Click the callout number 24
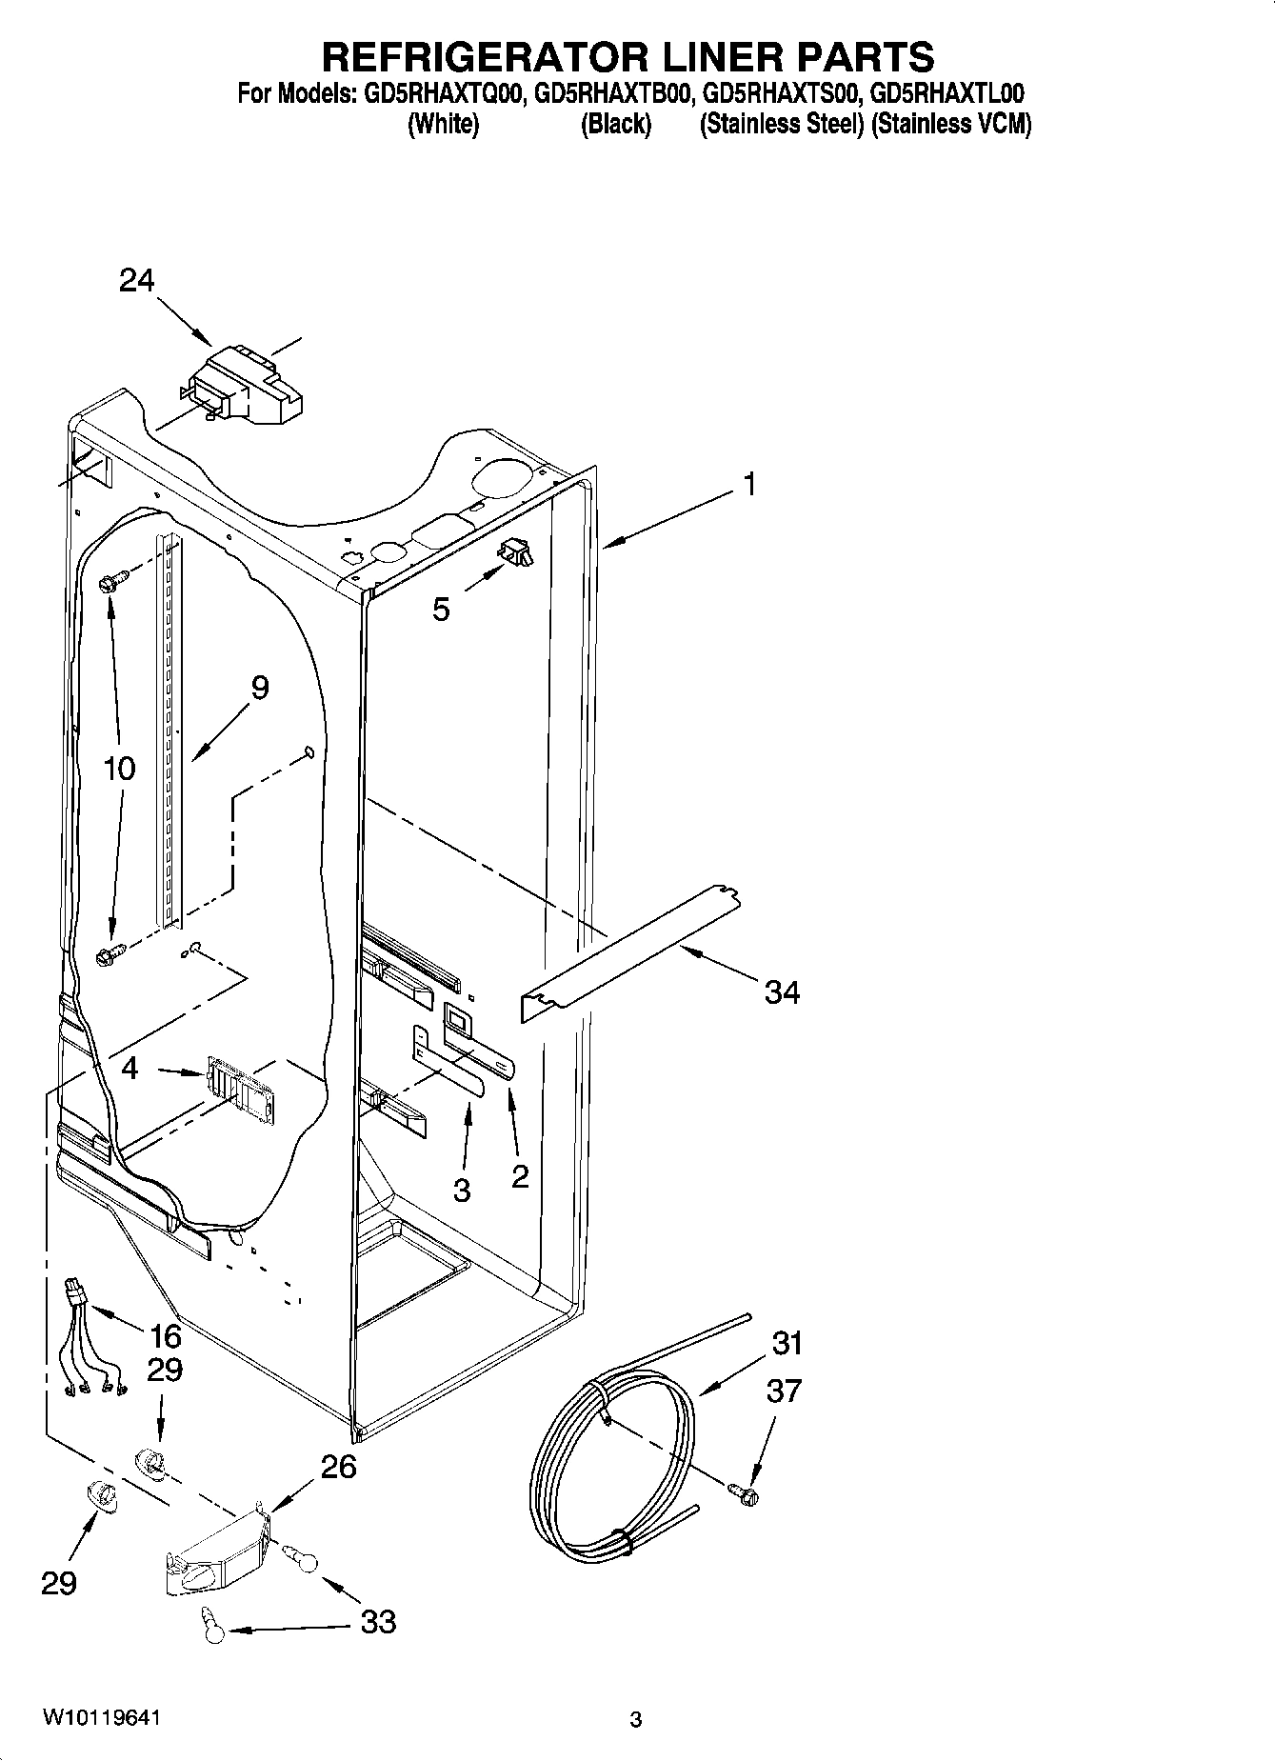click(x=136, y=280)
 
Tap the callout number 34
click(x=782, y=993)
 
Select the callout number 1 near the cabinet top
click(x=749, y=485)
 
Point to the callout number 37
click(x=784, y=1391)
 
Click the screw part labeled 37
click(x=744, y=1492)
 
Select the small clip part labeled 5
click(x=516, y=551)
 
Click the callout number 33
click(x=378, y=1621)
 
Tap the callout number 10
click(x=119, y=768)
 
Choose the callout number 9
click(x=259, y=688)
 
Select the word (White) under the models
click(x=443, y=125)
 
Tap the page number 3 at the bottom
click(x=636, y=1719)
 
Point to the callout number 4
click(x=130, y=1069)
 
